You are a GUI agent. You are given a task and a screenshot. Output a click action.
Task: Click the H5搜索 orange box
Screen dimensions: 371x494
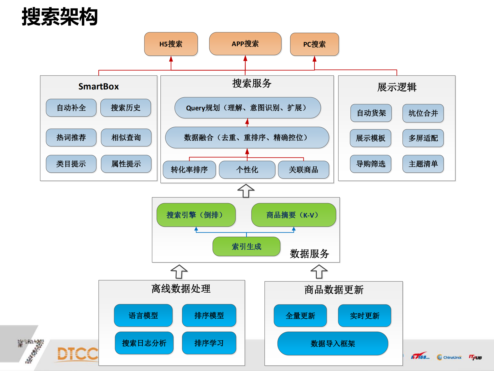(171, 44)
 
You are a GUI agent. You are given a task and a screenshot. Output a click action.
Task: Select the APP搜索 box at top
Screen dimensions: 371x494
(245, 44)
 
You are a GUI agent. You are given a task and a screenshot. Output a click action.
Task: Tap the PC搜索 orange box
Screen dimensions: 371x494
(314, 44)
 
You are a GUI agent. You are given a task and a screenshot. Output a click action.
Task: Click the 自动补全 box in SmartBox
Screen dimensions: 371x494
(71, 108)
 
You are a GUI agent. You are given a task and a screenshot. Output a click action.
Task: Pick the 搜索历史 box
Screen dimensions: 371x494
(126, 108)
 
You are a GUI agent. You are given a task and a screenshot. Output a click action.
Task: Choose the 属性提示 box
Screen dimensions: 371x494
(126, 164)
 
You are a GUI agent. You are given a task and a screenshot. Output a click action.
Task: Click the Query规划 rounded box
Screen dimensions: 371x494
(247, 108)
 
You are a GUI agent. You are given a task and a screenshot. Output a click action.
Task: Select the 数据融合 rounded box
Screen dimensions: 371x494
(247, 137)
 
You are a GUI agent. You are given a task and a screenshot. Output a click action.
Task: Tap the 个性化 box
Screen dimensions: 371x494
(247, 170)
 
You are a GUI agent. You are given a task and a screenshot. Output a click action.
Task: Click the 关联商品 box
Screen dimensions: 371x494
(304, 170)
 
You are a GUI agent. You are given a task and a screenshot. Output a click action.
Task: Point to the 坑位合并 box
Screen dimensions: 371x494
(423, 113)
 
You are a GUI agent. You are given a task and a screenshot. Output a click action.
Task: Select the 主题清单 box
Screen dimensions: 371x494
(423, 164)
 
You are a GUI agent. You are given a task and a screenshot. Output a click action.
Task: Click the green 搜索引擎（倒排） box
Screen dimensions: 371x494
(196, 215)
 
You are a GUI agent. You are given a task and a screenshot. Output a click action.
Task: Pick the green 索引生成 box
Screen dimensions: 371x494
(246, 246)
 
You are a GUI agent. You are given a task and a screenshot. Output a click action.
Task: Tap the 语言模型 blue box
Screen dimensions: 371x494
(143, 316)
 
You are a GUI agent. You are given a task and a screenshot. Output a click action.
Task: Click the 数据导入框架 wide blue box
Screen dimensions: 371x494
(333, 343)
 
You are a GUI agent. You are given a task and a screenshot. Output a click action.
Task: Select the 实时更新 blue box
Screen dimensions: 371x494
(365, 316)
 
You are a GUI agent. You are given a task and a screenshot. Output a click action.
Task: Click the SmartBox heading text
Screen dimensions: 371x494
(99, 87)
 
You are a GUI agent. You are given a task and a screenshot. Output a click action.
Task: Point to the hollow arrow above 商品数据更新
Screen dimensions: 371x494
(319, 272)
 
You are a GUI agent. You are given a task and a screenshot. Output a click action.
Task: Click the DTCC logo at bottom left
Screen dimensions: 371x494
(77, 353)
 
